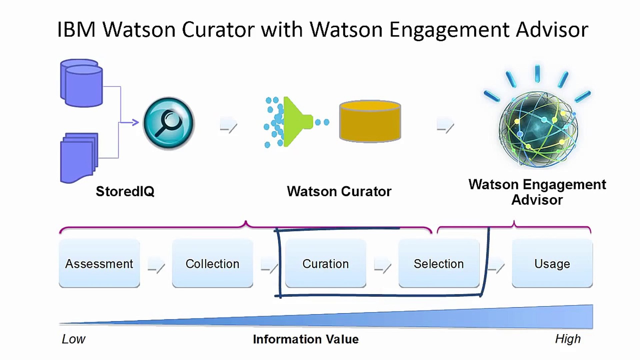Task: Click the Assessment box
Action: coord(99,263)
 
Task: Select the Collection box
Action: coord(212,263)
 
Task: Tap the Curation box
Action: coord(325,263)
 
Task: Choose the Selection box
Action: coord(439,263)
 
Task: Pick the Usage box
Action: coord(552,263)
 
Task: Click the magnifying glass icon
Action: coord(169,123)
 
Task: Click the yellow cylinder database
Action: coord(370,121)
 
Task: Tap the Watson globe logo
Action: coord(538,128)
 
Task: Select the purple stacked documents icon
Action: coord(79,157)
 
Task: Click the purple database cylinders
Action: coord(81,83)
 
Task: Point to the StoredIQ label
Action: coord(125,191)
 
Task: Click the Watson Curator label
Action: coord(339,191)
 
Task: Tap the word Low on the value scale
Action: coord(73,339)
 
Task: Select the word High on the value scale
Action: coord(568,339)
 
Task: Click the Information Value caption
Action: coord(306,339)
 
